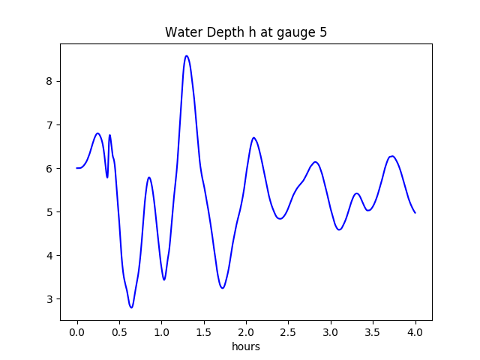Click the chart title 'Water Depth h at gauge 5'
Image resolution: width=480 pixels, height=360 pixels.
(246, 32)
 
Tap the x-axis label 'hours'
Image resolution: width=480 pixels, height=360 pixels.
(246, 347)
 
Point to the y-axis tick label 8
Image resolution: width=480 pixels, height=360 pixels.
(50, 81)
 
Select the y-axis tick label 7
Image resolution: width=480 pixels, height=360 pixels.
(50, 124)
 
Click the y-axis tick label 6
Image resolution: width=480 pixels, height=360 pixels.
(50, 168)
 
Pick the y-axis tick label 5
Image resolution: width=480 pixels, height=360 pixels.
(50, 211)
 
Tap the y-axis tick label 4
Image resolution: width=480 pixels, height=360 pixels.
(50, 255)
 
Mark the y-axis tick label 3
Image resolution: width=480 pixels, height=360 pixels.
(50, 298)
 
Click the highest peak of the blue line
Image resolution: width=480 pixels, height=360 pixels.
(186, 55)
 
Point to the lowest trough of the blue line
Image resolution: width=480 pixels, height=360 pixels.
(131, 307)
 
